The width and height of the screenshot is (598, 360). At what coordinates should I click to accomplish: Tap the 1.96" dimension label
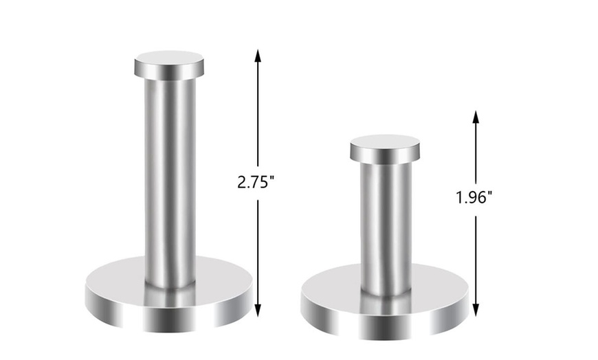474,198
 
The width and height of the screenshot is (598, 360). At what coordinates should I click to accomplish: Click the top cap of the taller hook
168,65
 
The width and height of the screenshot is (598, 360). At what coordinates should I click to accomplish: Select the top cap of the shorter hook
384,148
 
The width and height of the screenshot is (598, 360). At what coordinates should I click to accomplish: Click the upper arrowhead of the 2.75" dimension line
258,55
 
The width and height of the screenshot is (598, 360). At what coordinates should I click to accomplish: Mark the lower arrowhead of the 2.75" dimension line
258,311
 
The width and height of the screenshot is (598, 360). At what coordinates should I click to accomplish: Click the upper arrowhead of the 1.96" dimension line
475,117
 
